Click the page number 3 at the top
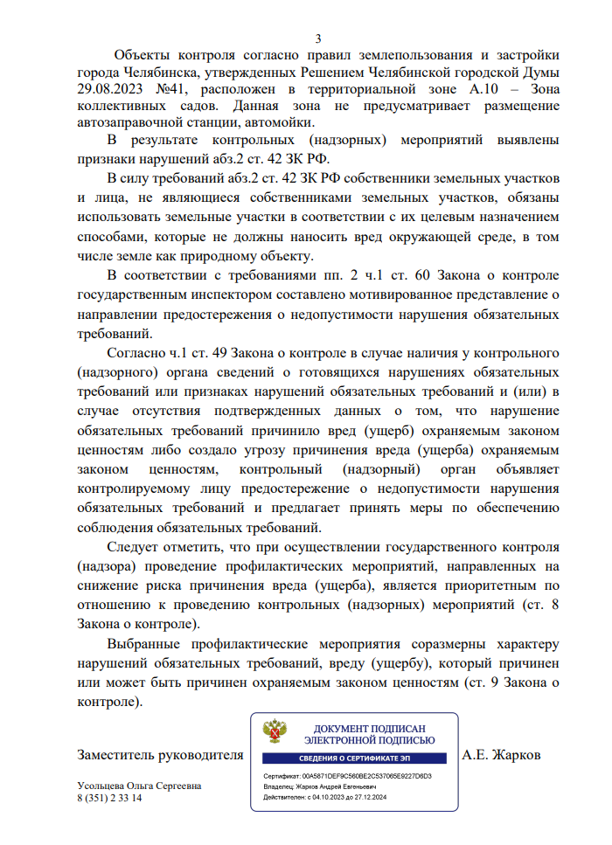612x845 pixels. coord(318,38)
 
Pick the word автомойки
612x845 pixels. coord(282,122)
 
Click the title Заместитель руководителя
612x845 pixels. coord(159,754)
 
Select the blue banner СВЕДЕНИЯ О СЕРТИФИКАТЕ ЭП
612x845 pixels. coord(356,758)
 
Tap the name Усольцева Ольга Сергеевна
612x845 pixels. coord(139,786)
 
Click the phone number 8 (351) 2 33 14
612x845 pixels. coord(109,798)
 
